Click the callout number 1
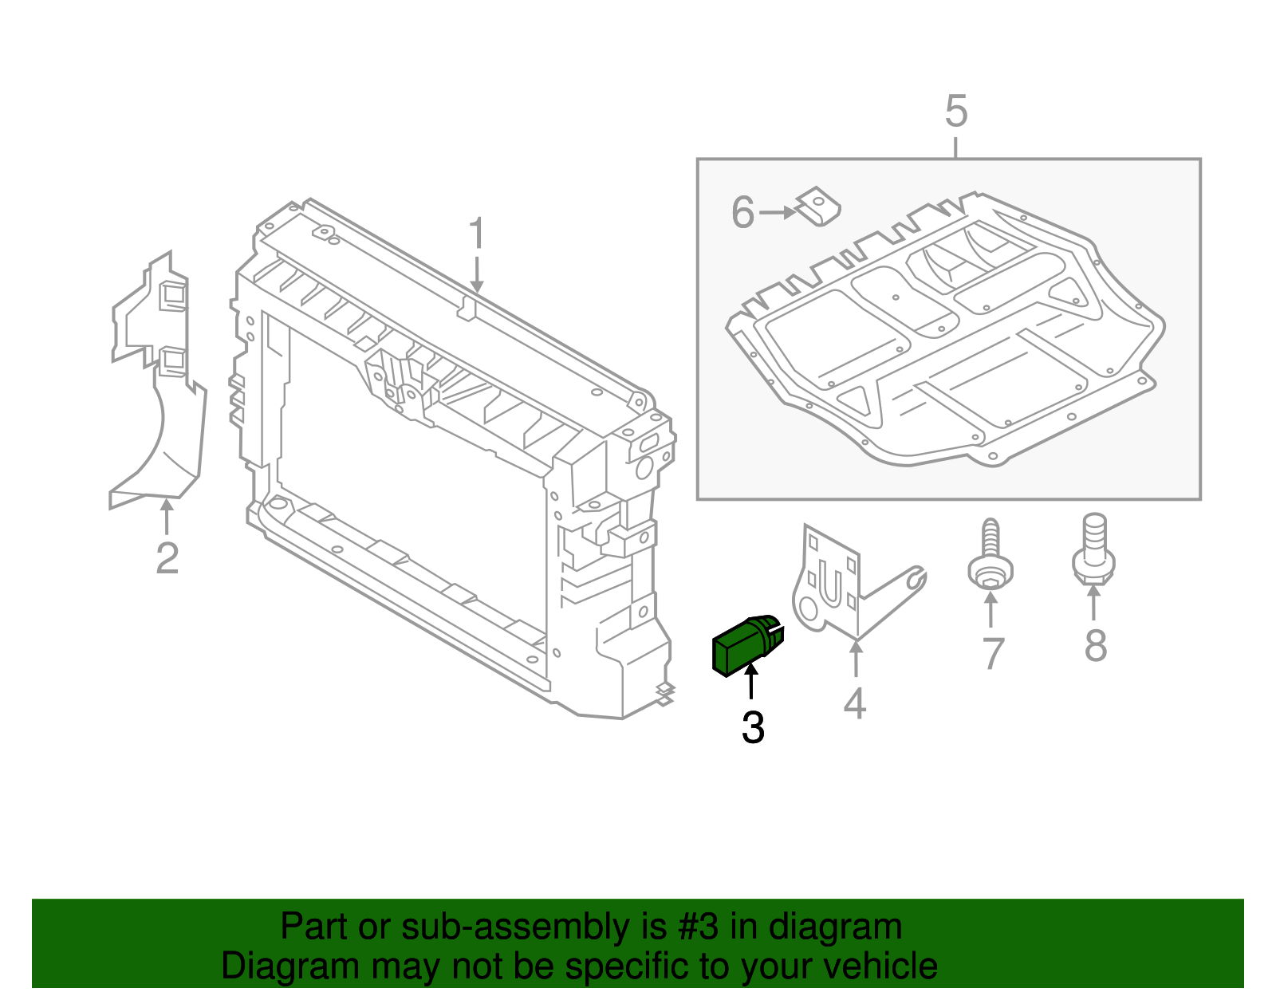476,234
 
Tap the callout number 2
167,557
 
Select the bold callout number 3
753,727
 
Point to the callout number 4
854,703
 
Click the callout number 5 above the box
955,112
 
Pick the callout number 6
742,213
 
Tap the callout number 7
991,654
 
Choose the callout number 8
1095,645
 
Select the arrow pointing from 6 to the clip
778,213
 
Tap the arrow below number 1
476,274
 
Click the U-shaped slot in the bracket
830,585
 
